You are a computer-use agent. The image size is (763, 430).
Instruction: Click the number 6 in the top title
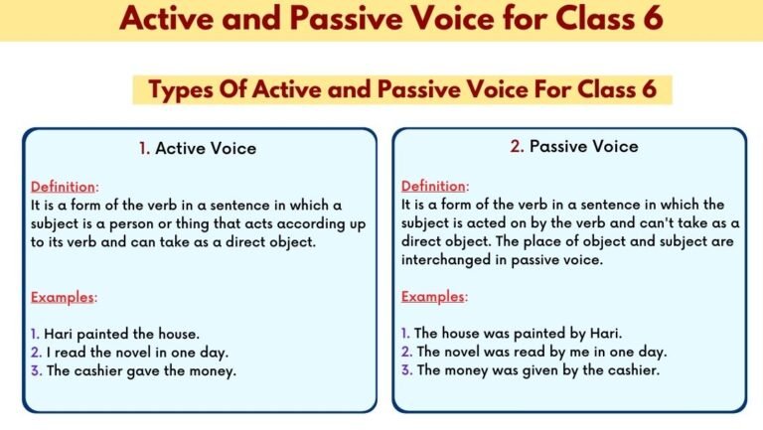coord(652,20)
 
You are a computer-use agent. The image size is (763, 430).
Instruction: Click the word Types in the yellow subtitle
coord(179,89)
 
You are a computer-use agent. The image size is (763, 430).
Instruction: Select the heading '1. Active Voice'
coord(198,148)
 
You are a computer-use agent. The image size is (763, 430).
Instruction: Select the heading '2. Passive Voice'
coord(574,146)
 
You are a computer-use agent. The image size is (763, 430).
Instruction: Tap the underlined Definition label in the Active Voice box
coord(62,187)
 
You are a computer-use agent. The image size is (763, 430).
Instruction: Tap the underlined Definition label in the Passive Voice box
coord(432,187)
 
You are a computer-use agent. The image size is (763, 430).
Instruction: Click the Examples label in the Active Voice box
coord(64,297)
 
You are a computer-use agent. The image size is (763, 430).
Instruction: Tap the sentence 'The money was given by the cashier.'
coord(535,369)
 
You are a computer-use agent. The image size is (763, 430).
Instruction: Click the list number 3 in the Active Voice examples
coord(35,370)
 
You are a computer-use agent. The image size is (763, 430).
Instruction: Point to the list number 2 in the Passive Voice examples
coord(405,352)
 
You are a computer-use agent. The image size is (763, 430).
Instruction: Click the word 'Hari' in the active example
coord(59,335)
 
